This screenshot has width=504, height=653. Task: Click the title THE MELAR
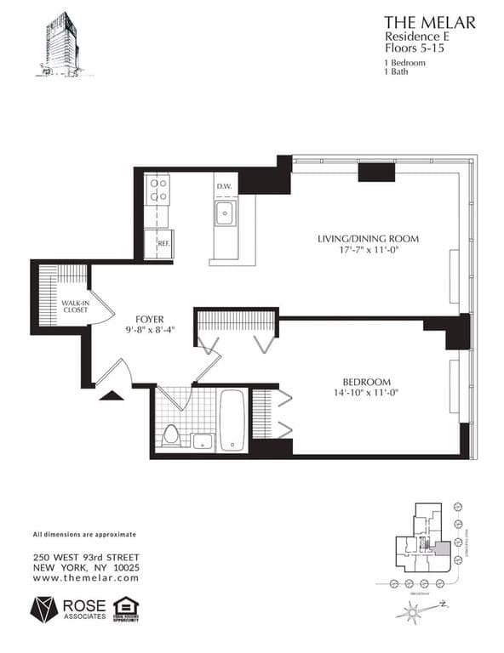[429, 22]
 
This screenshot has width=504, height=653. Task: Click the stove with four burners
[157, 189]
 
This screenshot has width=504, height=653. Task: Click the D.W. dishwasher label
[224, 186]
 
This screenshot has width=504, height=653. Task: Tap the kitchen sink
[225, 213]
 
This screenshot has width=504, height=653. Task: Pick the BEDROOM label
[366, 382]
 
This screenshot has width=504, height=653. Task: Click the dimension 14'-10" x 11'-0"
[366, 394]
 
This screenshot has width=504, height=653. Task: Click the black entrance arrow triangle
[111, 395]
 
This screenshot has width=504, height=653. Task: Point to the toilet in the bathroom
[170, 434]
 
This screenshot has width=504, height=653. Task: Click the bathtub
[232, 419]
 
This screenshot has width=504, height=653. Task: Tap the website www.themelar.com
[85, 578]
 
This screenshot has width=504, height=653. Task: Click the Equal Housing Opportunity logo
[126, 609]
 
